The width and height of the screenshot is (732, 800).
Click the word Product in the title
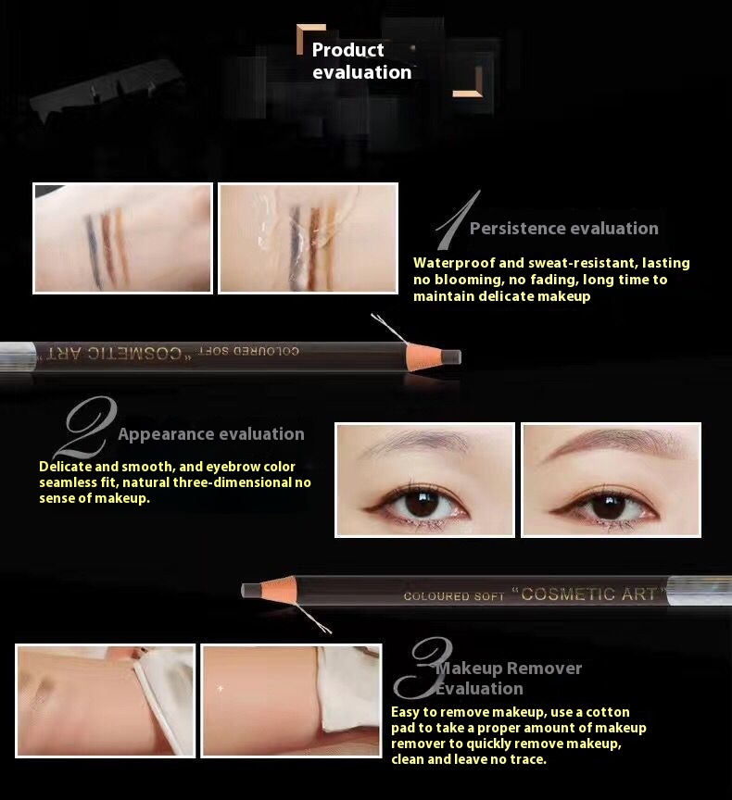click(347, 49)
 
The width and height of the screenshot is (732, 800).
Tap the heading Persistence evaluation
click(563, 228)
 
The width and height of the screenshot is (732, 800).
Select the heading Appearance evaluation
click(211, 433)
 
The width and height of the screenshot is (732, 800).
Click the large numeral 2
click(85, 427)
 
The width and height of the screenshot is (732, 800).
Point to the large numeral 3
click(422, 668)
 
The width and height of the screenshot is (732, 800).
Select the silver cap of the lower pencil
click(700, 591)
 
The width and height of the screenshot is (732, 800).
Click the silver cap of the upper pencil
click(19, 356)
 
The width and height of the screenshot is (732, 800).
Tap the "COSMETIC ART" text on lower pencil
click(588, 594)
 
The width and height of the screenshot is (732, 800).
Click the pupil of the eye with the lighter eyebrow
click(422, 503)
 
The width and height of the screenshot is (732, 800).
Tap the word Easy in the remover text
click(406, 712)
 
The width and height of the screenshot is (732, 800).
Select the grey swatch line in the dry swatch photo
click(94, 250)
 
